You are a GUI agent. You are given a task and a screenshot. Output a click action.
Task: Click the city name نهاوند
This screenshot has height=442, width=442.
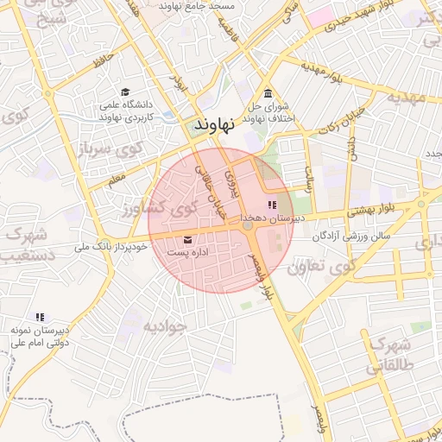(x=215, y=124)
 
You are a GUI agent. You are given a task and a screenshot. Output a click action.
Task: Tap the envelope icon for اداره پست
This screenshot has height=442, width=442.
(x=188, y=239)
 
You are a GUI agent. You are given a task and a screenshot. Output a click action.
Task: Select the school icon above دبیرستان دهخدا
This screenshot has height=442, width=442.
(x=273, y=205)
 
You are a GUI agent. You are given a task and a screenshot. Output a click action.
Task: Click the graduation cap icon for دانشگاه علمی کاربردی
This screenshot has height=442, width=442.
(x=126, y=92)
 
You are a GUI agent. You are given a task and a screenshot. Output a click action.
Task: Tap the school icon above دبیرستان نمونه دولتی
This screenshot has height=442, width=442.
(x=39, y=317)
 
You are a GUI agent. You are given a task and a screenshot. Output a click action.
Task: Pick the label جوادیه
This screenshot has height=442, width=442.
(x=165, y=326)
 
